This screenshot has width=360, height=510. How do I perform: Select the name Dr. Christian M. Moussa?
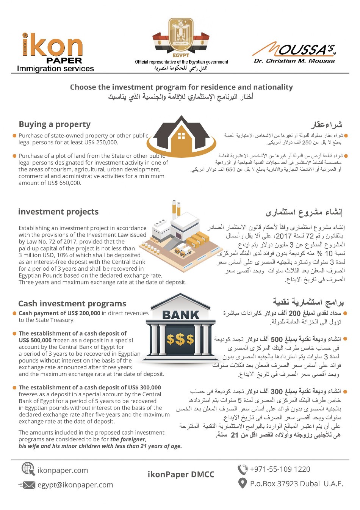pos(294,61)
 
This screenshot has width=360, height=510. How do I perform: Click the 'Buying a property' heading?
pos(55,124)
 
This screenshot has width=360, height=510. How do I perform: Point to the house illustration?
pos(182,135)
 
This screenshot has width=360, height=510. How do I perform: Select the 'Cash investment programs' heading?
pos(72,303)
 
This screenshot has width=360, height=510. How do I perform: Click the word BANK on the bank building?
pos(181,315)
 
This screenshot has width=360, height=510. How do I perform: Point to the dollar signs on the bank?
pos(180,339)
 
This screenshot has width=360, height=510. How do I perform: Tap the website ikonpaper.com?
pos(63,470)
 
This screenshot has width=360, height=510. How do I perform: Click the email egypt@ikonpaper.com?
pos(75,485)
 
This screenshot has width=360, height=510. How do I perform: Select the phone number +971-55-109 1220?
pos(280,469)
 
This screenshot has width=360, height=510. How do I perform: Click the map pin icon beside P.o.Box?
pos(242,483)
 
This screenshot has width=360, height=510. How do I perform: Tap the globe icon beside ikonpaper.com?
pos(28,469)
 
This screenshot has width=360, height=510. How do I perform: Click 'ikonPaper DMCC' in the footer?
pos(181,474)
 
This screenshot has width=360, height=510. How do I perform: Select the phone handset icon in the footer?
pos(242,469)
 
